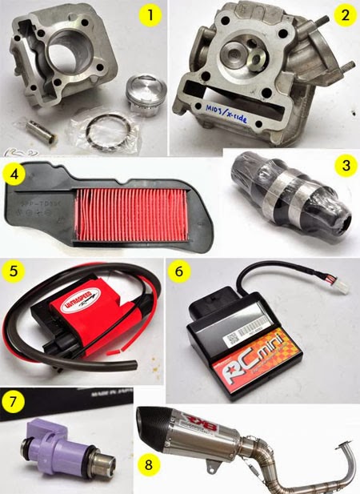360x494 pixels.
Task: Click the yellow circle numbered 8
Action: click(x=146, y=463)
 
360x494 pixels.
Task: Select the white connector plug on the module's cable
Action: click(x=345, y=287)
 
